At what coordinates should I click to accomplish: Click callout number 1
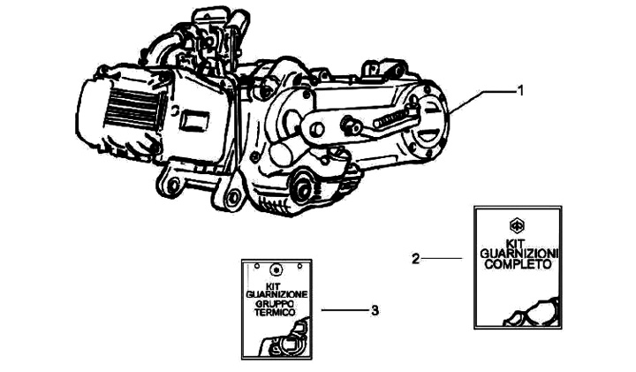(x=521, y=90)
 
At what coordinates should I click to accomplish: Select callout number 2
(x=415, y=258)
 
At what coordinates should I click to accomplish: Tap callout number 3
(x=375, y=311)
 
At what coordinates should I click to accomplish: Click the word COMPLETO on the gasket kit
(x=518, y=264)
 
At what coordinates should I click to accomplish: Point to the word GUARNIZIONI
(x=519, y=254)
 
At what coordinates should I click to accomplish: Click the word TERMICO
(x=276, y=313)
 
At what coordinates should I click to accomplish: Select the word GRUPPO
(x=276, y=303)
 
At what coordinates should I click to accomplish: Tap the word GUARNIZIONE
(x=276, y=294)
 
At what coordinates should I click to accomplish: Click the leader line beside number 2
(x=443, y=258)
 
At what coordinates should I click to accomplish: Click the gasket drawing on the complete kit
(x=532, y=313)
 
